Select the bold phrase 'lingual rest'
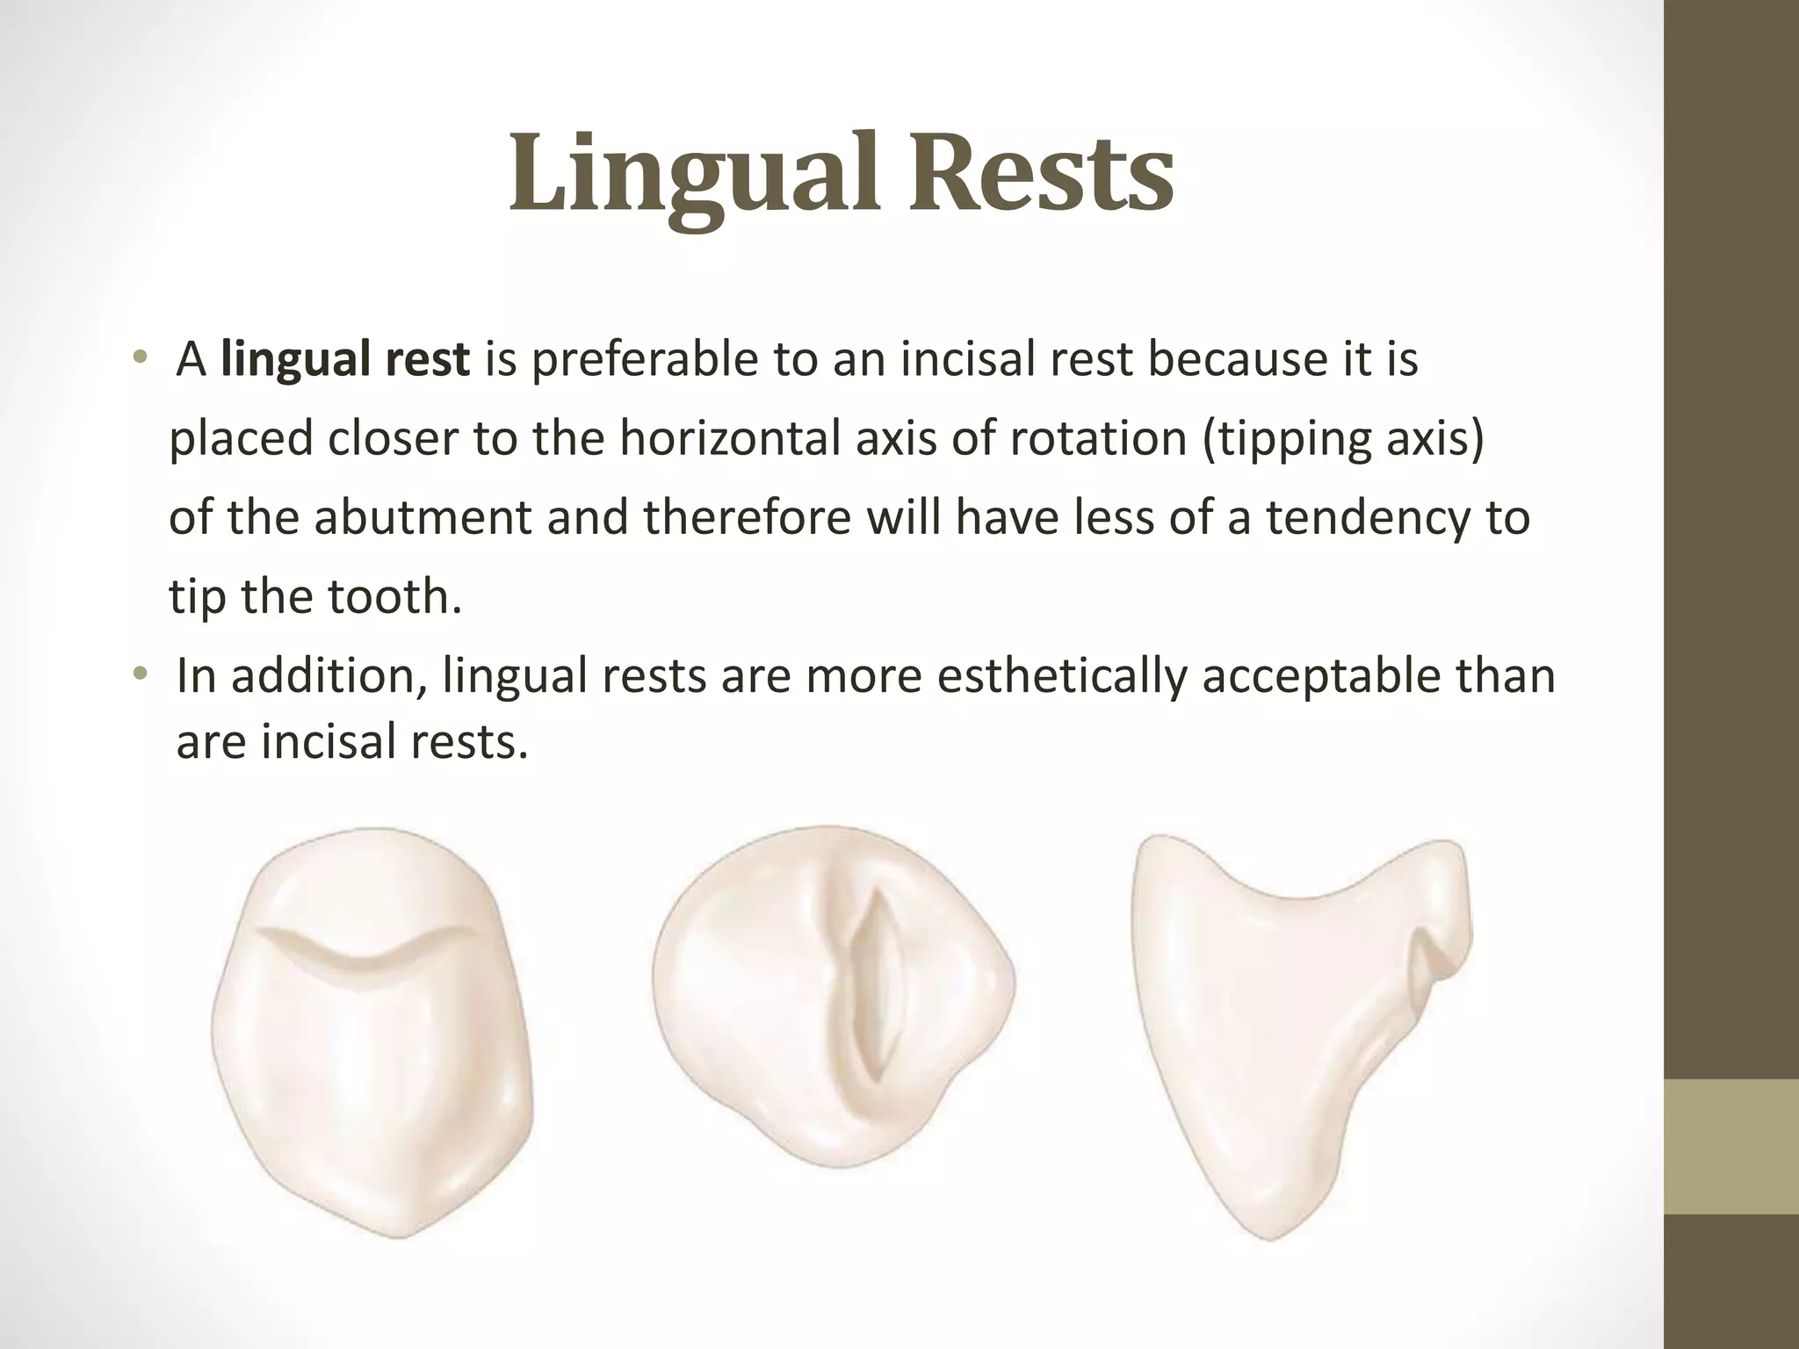[345, 360]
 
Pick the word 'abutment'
[422, 517]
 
